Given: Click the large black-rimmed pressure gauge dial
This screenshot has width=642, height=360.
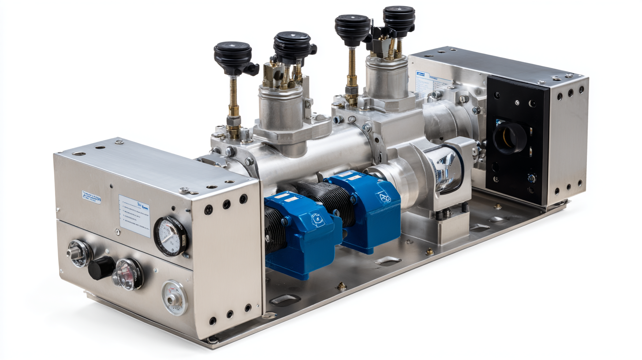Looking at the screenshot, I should pyautogui.click(x=170, y=236).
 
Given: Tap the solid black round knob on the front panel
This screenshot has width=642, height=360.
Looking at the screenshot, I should pyautogui.click(x=101, y=268).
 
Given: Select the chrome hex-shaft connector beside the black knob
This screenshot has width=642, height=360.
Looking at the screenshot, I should pyautogui.click(x=79, y=253).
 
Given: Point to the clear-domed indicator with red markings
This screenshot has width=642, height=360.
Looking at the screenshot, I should pyautogui.click(x=128, y=274).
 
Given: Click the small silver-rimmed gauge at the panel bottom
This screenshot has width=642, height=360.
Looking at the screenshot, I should pyautogui.click(x=174, y=299).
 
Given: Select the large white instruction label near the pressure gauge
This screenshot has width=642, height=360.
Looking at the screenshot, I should pyautogui.click(x=134, y=216).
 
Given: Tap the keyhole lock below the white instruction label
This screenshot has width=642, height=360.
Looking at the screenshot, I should pyautogui.click(x=117, y=232).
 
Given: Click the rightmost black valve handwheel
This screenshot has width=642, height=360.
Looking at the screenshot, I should pyautogui.click(x=399, y=18).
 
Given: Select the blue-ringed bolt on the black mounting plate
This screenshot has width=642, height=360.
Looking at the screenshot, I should pyautogui.click(x=532, y=178).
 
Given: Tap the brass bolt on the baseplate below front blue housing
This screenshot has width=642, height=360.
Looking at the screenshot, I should pyautogui.click(x=342, y=286).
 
